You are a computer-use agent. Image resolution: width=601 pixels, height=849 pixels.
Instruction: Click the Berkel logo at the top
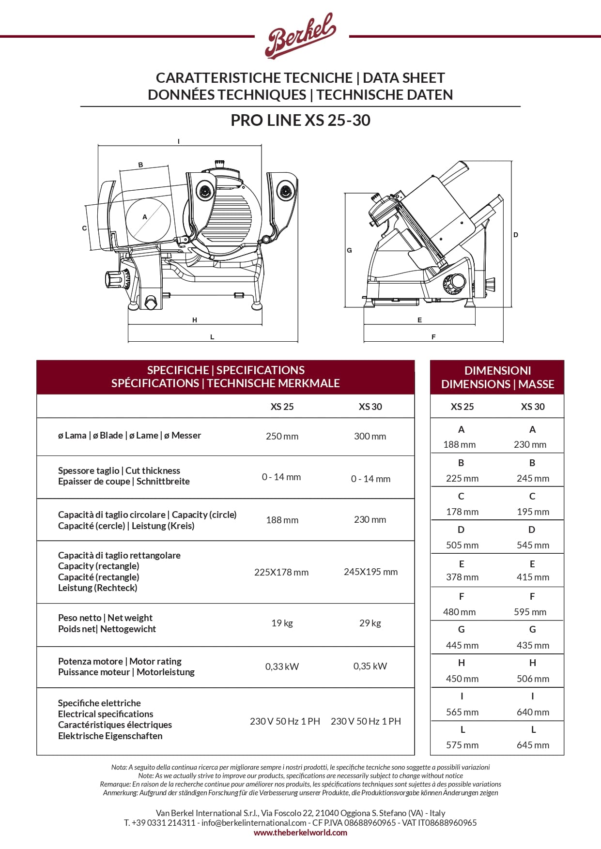click(x=300, y=36)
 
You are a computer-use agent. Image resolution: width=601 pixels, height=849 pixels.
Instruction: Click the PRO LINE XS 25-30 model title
click(x=300, y=120)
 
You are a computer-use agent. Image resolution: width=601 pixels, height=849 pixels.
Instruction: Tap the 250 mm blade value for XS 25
click(x=282, y=436)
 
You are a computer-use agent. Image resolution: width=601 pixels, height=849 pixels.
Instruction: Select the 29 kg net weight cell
click(x=370, y=623)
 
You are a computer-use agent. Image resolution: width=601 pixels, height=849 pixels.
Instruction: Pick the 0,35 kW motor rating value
click(x=370, y=666)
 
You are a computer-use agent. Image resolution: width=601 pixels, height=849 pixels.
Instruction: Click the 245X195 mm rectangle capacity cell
click(x=370, y=572)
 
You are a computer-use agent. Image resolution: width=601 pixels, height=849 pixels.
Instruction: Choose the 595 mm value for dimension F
click(x=530, y=612)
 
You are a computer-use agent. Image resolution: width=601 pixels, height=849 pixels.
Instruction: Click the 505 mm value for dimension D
click(x=462, y=545)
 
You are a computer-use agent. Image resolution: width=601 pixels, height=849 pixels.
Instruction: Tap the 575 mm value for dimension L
click(x=462, y=745)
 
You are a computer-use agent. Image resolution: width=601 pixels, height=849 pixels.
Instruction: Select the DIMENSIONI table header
click(x=497, y=377)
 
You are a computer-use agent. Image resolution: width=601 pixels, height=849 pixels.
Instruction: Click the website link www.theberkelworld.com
click(x=300, y=833)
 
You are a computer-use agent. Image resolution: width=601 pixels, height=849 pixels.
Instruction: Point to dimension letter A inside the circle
click(x=144, y=217)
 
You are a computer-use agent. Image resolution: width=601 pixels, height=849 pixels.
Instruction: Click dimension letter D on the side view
click(x=516, y=235)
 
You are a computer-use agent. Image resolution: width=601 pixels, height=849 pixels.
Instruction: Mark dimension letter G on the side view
click(x=349, y=250)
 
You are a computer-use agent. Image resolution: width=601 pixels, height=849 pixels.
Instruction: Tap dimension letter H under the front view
click(x=195, y=320)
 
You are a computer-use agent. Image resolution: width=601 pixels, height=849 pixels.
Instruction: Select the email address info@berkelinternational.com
click(x=254, y=822)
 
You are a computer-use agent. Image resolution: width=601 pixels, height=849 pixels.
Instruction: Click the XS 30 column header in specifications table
click(x=370, y=407)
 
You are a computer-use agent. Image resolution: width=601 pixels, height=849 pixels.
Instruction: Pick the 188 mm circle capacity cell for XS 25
click(x=282, y=520)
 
